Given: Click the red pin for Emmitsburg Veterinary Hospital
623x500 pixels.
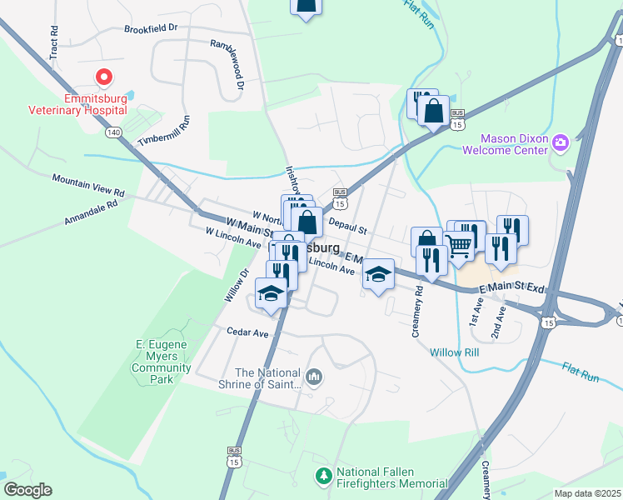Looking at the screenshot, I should click(104, 78).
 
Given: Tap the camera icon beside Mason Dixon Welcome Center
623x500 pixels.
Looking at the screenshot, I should click(561, 142).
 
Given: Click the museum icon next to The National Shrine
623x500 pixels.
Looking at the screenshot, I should click(314, 377).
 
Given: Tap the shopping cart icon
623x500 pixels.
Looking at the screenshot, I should click(457, 243).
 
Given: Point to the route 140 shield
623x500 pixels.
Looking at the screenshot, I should click(113, 132).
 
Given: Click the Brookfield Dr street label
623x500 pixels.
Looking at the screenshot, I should click(152, 28).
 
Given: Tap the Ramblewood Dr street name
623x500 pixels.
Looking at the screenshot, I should click(227, 64).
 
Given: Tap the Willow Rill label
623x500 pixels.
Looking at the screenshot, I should click(455, 352).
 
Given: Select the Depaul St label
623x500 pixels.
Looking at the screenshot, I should click(347, 227).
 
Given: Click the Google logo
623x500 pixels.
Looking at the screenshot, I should click(27, 490).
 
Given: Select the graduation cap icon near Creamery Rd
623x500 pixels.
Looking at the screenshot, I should click(378, 274).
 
